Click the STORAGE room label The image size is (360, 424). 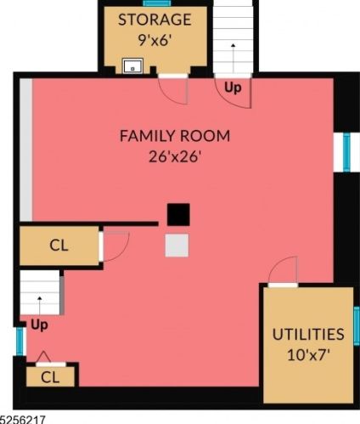click(155, 20)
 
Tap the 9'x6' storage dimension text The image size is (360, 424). click(155, 40)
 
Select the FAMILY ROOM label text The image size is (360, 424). click(175, 136)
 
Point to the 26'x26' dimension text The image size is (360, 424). click(175, 156)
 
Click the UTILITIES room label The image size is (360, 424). click(308, 334)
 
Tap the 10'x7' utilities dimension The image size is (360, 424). click(308, 354)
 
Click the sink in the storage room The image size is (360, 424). click(132, 66)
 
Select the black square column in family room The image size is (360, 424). click(178, 214)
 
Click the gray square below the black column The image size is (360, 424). click(177, 246)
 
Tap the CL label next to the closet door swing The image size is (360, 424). click(59, 246)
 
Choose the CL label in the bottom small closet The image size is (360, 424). click(50, 377)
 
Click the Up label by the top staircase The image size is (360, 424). click(233, 88)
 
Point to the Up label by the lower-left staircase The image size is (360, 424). click(39, 325)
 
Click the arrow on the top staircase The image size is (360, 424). click(233, 58)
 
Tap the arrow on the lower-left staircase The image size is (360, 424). click(40, 305)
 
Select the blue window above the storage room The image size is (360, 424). click(157, 3)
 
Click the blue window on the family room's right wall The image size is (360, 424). click(346, 153)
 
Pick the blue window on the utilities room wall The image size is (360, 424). click(357, 325)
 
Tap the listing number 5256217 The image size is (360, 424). click(23, 420)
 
